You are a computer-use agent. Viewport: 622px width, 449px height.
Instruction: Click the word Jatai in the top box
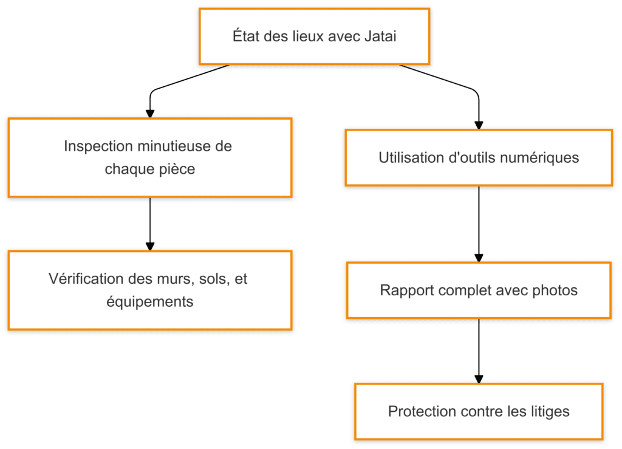pos(380,36)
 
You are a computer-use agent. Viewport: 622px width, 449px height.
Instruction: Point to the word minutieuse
pos(171,146)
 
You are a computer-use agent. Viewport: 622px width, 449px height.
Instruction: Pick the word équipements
pos(150,301)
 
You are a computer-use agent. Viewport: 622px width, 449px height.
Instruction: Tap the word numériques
pos(546,158)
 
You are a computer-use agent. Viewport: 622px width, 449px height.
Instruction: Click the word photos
pos(555,290)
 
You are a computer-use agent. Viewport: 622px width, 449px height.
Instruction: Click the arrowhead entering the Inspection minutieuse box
pos(150,114)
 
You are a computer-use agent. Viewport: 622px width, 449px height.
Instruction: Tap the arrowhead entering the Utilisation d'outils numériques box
pos(479,125)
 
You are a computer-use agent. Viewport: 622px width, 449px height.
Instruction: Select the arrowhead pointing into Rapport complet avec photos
pos(479,258)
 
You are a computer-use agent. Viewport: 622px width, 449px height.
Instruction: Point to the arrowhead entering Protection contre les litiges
pos(479,379)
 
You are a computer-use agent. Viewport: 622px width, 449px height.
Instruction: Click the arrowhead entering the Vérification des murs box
pos(150,246)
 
